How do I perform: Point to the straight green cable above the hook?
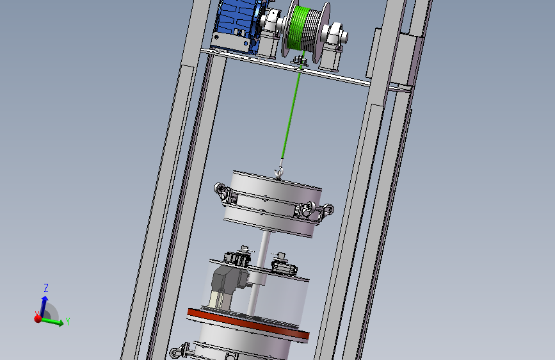292,106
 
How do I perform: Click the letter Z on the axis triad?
45,288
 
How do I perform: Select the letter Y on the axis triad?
68,322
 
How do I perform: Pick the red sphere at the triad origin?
38,319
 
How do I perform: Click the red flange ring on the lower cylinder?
248,323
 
